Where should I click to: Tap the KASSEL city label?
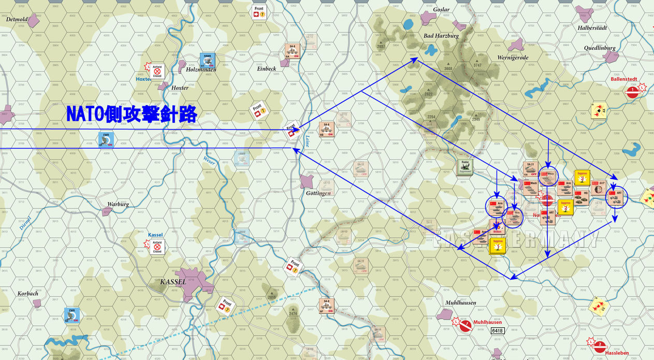(173, 282)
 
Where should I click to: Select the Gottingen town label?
(318, 193)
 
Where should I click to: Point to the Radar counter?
(464, 167)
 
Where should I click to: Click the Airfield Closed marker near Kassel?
(157, 247)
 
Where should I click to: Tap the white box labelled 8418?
(498, 330)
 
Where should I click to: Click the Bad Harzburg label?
(441, 36)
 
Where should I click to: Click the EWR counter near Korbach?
(71, 315)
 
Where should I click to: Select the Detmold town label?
(16, 19)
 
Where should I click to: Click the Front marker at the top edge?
(259, 11)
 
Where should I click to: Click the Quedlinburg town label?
(600, 48)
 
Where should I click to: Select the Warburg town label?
(118, 204)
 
